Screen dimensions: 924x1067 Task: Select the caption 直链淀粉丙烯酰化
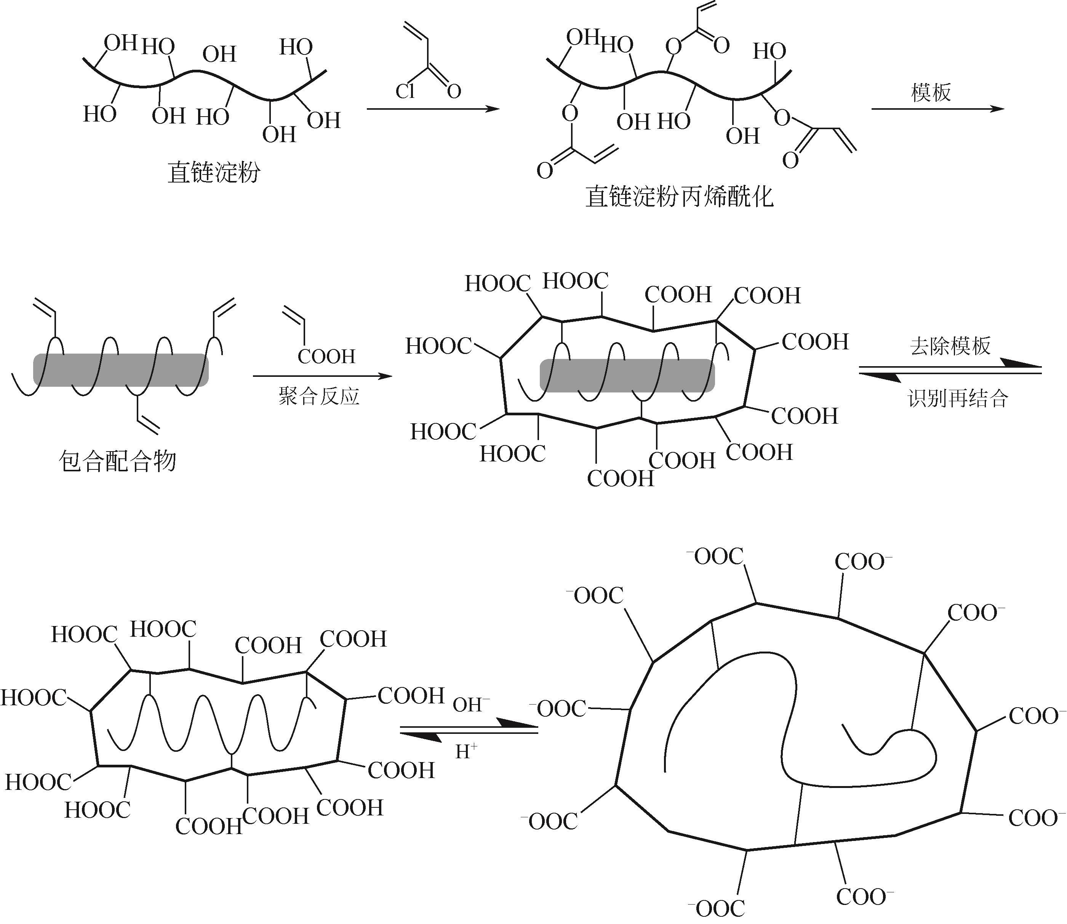[679, 197]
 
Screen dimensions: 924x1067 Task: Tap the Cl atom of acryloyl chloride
[405, 92]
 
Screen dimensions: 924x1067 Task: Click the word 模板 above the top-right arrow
[931, 93]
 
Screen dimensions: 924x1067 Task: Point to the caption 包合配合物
[118, 460]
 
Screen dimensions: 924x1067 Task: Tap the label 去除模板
[950, 346]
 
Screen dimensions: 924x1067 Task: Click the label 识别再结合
[957, 399]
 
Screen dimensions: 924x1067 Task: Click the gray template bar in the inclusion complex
[121, 370]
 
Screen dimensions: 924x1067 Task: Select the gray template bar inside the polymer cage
[627, 375]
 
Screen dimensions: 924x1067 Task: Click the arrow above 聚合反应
[322, 376]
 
